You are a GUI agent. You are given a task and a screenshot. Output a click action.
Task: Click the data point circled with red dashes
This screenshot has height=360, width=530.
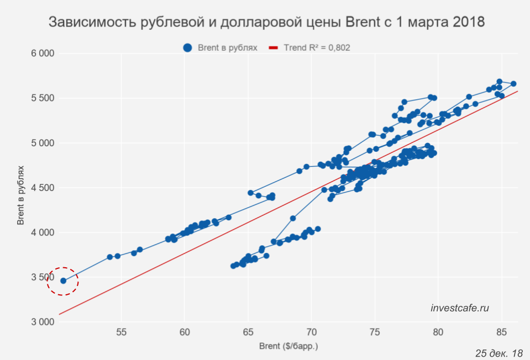point(63,280)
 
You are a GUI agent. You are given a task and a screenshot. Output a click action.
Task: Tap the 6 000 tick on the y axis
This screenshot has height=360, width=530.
point(41,54)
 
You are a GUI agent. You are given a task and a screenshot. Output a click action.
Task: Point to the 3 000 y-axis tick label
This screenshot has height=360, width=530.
point(41,322)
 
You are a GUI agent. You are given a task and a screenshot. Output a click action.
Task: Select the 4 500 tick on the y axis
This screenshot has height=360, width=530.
point(41,188)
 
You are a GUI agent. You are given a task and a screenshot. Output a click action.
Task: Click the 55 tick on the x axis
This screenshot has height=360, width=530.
point(122,332)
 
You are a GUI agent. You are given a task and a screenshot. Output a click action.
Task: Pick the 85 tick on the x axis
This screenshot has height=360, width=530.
point(501,332)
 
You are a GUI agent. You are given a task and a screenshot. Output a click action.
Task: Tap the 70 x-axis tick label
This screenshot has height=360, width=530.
point(311,332)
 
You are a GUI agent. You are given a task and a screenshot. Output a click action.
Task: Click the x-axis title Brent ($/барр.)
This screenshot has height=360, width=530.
point(288,347)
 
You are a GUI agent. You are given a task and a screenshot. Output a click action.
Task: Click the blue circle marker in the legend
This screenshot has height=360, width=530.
point(188,48)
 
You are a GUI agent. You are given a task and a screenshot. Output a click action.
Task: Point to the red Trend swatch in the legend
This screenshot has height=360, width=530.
point(272,48)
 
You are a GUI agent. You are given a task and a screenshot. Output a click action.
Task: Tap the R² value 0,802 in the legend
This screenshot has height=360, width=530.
point(339,48)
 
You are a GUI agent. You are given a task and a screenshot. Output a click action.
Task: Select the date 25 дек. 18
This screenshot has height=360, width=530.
point(499,353)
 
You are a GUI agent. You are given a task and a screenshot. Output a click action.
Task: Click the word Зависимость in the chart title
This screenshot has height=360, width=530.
point(91,23)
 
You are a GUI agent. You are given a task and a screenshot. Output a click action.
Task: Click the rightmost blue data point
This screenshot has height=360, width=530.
point(513,84)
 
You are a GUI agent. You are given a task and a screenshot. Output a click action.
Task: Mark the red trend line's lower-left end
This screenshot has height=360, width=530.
point(59,314)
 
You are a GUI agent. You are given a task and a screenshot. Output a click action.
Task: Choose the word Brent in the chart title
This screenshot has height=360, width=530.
point(362,23)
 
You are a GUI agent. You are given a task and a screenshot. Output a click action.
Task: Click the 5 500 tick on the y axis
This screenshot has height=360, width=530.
point(41,98)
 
